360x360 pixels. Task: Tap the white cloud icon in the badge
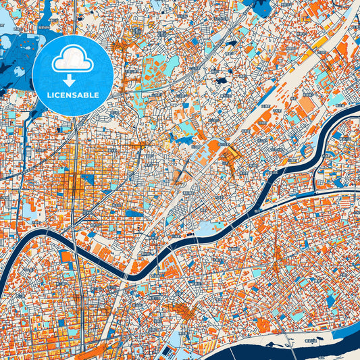pyautogui.click(x=72, y=59)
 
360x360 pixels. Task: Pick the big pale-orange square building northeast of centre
pyautogui.click(x=307, y=105)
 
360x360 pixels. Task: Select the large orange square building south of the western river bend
pyautogui.click(x=67, y=257)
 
